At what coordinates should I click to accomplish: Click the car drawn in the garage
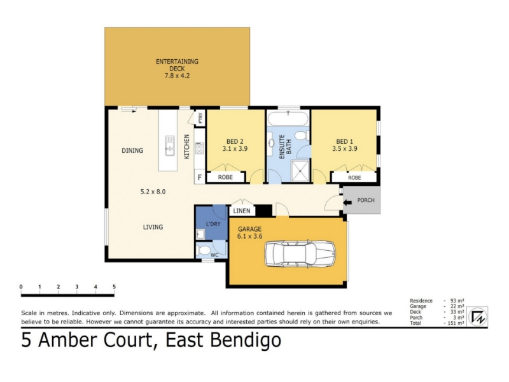pos(300,254)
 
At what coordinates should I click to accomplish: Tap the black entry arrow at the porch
pos(347,202)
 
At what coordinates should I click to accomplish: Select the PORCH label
pos(366,200)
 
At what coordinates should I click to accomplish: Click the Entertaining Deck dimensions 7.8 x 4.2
pos(177,76)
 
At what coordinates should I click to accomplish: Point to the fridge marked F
pos(200,178)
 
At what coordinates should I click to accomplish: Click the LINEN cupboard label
pos(242,211)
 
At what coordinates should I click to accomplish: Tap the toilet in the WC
pos(203,250)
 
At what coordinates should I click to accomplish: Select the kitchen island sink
pos(170,145)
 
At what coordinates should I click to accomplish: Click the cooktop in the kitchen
pos(199,148)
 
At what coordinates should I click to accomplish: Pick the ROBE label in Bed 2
pos(225,177)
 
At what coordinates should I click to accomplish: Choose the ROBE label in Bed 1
pos(354,178)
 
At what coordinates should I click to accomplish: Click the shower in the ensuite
pos(300,170)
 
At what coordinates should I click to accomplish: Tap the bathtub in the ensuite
pos(288,118)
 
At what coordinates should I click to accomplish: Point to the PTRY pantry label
pos(200,118)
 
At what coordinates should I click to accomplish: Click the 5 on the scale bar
pos(114,286)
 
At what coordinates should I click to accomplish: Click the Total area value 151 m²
pos(455,323)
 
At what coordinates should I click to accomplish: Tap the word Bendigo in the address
pos(246,341)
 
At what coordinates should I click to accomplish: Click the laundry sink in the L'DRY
pos(200,234)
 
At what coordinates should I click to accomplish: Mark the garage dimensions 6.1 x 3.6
pos(249,236)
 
